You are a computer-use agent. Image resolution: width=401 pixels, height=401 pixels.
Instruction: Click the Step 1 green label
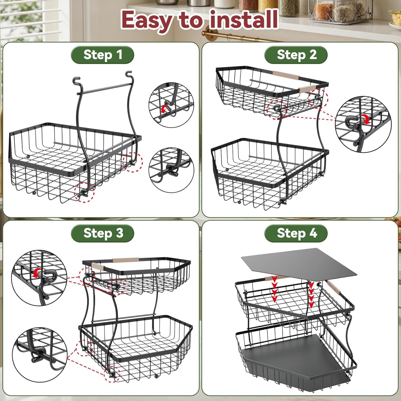pyautogui.click(x=102, y=55)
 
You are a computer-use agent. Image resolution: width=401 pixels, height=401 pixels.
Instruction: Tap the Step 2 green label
pyautogui.click(x=296, y=55)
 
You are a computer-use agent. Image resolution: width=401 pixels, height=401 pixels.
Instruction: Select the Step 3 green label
pyautogui.click(x=102, y=233)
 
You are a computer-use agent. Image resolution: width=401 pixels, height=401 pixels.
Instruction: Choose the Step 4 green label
pyautogui.click(x=296, y=233)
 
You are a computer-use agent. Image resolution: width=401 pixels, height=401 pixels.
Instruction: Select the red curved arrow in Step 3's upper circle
pyautogui.click(x=37, y=273)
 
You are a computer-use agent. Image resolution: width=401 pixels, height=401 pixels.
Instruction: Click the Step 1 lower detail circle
pyautogui.click(x=171, y=170)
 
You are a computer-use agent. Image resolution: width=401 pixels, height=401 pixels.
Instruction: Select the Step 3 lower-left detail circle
pyautogui.click(x=40, y=354)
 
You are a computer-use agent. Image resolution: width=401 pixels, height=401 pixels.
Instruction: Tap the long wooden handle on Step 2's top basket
pyautogui.click(x=286, y=75)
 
